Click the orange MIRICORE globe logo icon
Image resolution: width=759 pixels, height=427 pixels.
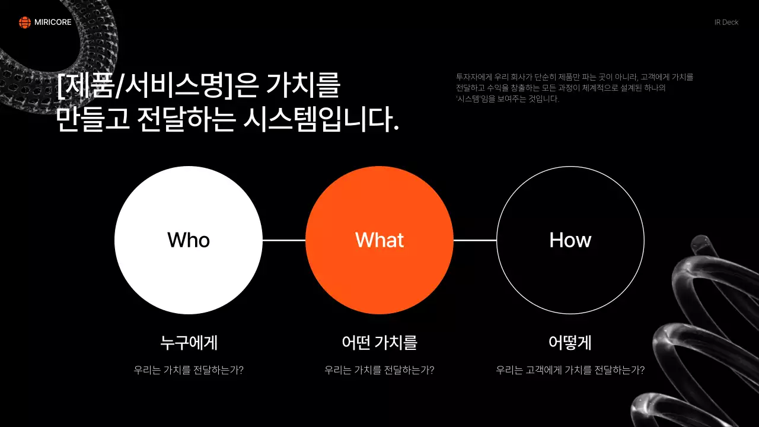point(24,23)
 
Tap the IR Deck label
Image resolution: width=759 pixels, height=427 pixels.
point(726,23)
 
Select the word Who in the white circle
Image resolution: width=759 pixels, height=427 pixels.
point(189,240)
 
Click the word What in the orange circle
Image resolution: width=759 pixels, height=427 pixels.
point(379,240)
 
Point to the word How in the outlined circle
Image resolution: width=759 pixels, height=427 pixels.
point(570,240)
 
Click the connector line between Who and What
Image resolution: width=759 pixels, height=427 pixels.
point(284,240)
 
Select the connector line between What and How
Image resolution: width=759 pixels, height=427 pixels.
point(475,240)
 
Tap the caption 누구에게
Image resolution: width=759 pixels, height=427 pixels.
point(189,343)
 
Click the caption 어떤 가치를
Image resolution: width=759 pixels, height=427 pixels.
point(379,343)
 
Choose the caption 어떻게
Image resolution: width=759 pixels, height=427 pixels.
point(570,343)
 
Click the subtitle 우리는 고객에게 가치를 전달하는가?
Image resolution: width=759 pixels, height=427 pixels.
point(570,370)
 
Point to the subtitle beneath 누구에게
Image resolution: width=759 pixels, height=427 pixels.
point(189,370)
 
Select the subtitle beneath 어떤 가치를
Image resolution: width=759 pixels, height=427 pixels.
point(379,370)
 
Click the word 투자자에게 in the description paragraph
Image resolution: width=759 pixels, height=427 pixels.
point(468,77)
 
